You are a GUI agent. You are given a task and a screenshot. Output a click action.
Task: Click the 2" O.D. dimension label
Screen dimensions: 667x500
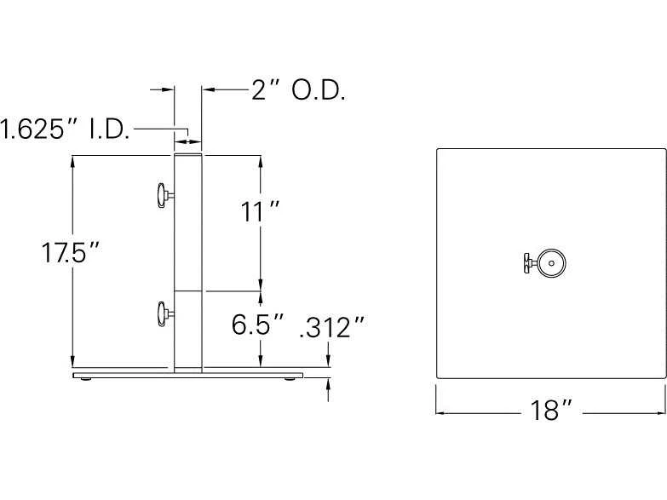click(x=298, y=90)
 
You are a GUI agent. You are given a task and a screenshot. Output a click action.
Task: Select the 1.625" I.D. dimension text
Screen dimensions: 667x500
click(x=65, y=129)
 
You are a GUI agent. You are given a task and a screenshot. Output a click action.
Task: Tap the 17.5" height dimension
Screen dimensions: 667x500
click(x=70, y=252)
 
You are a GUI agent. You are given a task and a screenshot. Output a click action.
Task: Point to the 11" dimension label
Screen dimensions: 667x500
click(x=260, y=211)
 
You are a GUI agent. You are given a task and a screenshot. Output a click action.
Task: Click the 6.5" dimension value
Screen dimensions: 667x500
click(x=258, y=325)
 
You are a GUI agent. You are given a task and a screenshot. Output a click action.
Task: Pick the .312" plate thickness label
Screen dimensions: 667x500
click(x=332, y=327)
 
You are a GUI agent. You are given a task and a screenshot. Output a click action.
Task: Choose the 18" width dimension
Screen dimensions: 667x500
click(x=552, y=411)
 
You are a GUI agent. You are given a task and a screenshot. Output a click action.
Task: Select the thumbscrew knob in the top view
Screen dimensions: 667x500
click(x=530, y=263)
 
